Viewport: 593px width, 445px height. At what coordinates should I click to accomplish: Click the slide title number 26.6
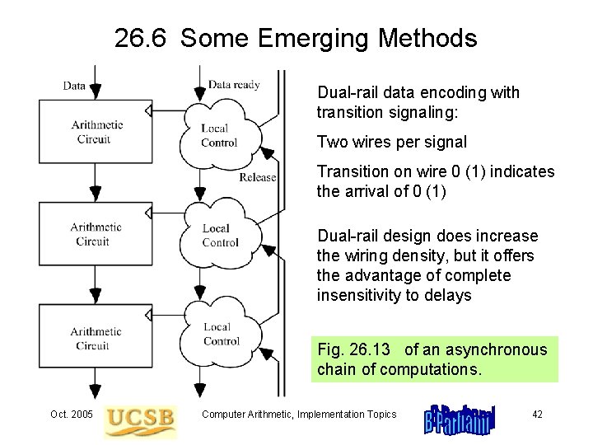141,38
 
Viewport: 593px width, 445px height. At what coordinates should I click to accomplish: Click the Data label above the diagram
74,85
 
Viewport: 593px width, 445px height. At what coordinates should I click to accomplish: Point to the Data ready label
234,84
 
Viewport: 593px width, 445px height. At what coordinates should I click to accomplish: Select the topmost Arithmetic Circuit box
97,131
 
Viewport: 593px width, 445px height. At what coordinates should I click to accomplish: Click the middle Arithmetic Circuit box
97,234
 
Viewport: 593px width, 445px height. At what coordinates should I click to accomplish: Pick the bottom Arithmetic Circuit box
97,338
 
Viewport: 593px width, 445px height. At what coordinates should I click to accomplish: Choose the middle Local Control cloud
220,235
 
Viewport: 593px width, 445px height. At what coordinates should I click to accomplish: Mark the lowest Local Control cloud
221,334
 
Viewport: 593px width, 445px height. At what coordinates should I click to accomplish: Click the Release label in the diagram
257,177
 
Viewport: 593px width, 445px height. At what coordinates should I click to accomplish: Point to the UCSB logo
141,418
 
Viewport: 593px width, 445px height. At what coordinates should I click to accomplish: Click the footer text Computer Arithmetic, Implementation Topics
299,414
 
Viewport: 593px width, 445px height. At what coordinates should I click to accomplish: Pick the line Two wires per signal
392,142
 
